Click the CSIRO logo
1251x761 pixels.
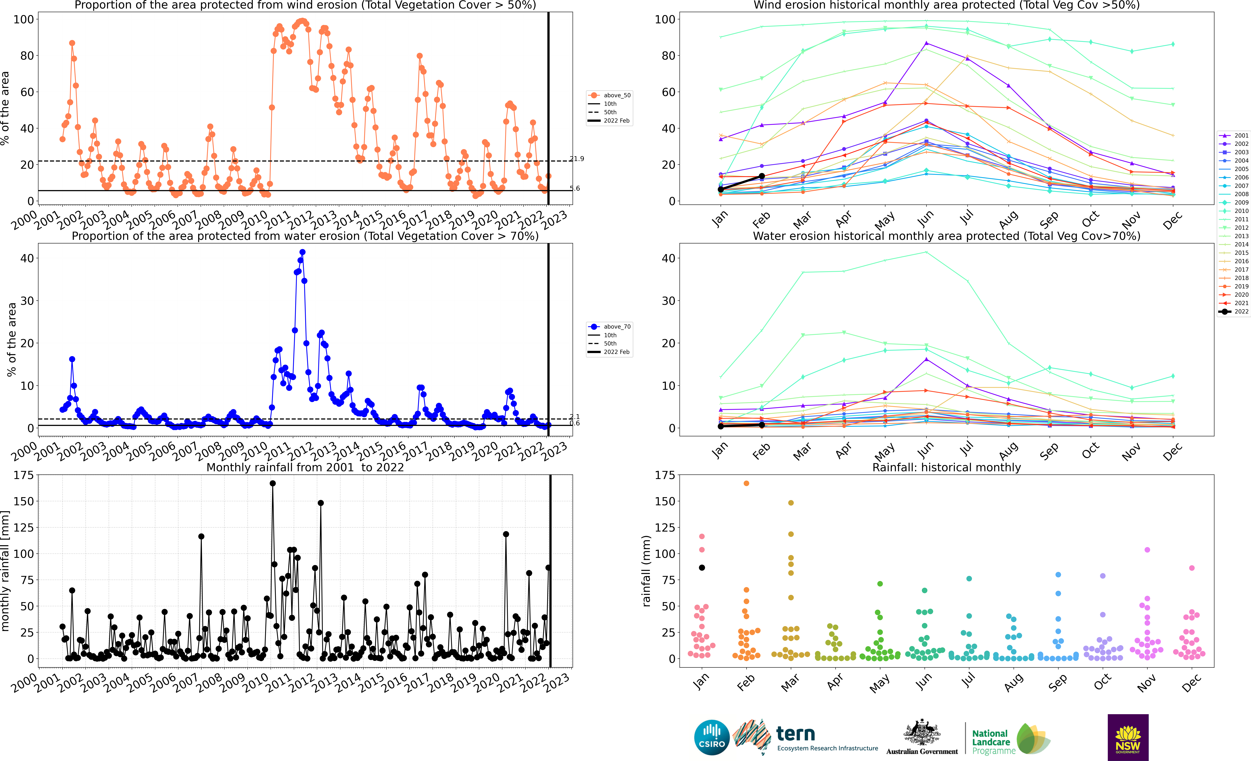(x=712, y=737)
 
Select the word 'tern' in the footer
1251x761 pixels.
(x=796, y=734)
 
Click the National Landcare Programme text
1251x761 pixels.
(x=994, y=742)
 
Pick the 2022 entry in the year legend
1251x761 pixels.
(x=1234, y=311)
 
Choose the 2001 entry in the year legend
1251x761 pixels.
(x=1234, y=135)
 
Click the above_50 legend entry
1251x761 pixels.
(x=609, y=95)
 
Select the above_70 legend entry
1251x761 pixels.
(x=609, y=327)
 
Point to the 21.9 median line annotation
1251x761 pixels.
(x=577, y=159)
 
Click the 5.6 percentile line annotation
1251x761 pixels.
(x=575, y=188)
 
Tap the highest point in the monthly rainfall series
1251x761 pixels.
(x=273, y=484)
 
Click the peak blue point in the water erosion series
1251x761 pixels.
(x=303, y=252)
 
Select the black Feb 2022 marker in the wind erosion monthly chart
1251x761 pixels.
(x=762, y=176)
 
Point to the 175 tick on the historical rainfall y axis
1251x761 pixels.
(x=665, y=475)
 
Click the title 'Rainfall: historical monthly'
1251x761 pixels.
(x=946, y=467)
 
